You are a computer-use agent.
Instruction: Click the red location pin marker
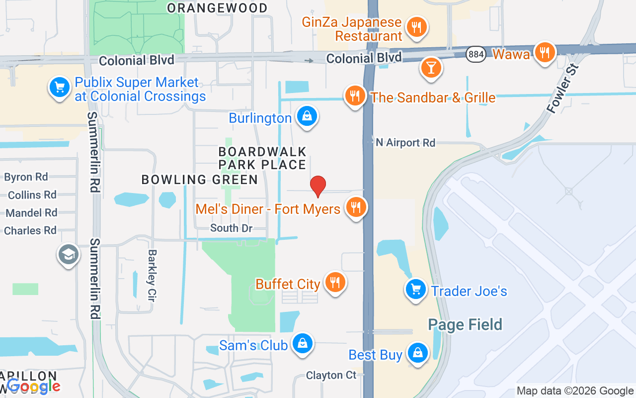[x=318, y=187]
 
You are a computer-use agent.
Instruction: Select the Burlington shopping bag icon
[x=307, y=116]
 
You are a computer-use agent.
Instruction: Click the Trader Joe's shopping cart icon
[x=415, y=289]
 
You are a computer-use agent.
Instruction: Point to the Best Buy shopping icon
[x=418, y=353]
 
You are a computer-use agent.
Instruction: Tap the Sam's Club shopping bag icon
[x=302, y=344]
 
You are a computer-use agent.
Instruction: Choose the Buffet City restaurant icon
[x=335, y=283]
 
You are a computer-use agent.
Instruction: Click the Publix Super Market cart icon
[x=59, y=88]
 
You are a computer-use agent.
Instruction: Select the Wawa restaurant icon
[x=545, y=52]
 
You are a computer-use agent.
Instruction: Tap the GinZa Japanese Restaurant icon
[x=416, y=27]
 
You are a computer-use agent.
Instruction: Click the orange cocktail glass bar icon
[x=431, y=67]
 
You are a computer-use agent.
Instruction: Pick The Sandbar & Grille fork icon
[x=355, y=95]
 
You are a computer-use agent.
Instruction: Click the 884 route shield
[x=476, y=54]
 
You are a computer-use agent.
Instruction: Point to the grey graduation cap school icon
[x=68, y=255]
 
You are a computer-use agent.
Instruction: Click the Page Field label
[x=465, y=325]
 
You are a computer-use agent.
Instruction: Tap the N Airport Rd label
[x=405, y=143]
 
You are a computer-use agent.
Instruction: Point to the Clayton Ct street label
[x=331, y=375]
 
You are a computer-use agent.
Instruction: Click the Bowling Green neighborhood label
[x=200, y=180]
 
